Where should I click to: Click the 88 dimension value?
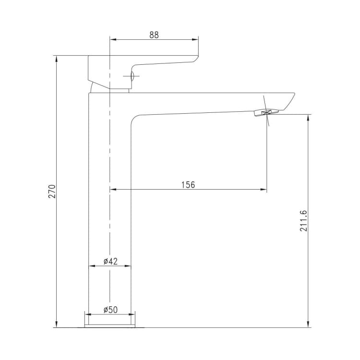(154, 35)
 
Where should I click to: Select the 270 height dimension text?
(52, 191)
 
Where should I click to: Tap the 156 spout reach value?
(188, 185)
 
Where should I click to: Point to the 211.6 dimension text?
(303, 221)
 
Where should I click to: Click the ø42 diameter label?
(110, 261)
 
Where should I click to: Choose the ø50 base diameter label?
(110, 310)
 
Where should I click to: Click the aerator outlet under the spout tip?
(266, 112)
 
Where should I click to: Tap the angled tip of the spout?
(290, 100)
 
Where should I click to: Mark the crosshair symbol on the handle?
(132, 76)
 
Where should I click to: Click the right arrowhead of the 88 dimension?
(195, 40)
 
